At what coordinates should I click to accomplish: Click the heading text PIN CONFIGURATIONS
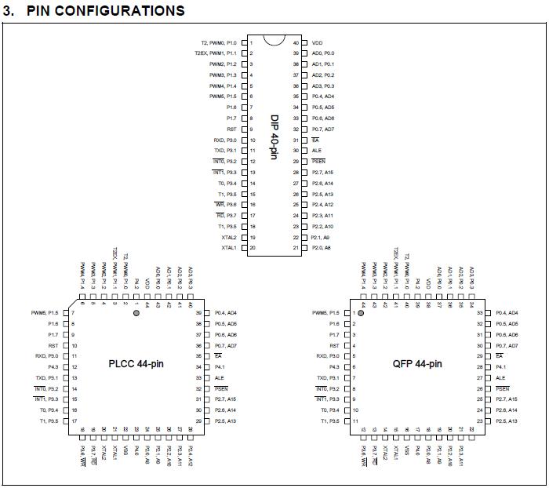(104, 10)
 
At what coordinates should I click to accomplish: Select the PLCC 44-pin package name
(137, 364)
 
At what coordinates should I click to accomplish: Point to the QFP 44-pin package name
(417, 364)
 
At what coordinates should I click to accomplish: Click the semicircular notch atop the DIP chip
(274, 40)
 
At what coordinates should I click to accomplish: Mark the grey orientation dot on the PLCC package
(136, 313)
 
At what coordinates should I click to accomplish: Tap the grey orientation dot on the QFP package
(361, 313)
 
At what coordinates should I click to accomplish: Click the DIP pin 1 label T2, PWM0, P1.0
(220, 42)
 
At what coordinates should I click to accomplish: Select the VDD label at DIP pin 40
(317, 42)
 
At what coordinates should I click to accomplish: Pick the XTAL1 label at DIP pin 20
(229, 248)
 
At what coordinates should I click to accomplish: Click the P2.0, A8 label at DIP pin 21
(322, 248)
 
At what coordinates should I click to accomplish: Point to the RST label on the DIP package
(231, 129)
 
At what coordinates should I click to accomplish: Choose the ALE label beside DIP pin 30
(317, 151)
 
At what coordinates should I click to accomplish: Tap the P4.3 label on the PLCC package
(53, 367)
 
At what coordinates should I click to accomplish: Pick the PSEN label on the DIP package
(318, 162)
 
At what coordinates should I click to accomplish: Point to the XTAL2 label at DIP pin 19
(229, 237)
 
